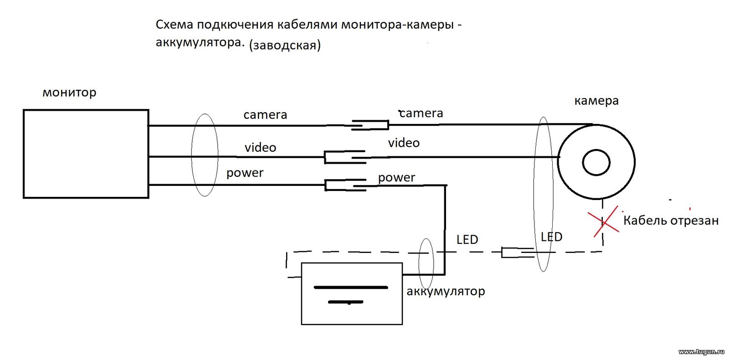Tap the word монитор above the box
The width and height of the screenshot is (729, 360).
click(x=69, y=93)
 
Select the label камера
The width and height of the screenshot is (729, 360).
click(x=596, y=101)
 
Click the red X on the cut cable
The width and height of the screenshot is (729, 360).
click(x=604, y=222)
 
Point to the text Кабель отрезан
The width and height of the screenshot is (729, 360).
click(x=671, y=221)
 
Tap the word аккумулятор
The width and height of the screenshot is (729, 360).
click(x=446, y=291)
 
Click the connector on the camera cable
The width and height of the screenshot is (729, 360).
click(x=370, y=125)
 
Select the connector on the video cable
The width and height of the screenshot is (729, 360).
click(x=345, y=157)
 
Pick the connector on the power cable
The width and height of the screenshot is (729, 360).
click(x=346, y=185)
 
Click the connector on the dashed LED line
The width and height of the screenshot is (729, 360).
click(x=518, y=252)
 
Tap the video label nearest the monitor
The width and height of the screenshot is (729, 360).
click(x=260, y=148)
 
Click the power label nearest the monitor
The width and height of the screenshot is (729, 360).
click(x=245, y=173)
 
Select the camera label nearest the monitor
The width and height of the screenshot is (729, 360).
click(x=265, y=115)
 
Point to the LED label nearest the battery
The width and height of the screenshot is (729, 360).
click(x=467, y=240)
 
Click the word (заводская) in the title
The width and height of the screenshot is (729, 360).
click(x=285, y=45)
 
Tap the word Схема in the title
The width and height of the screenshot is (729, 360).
click(x=175, y=25)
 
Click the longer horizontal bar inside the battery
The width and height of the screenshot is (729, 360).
click(x=351, y=288)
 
